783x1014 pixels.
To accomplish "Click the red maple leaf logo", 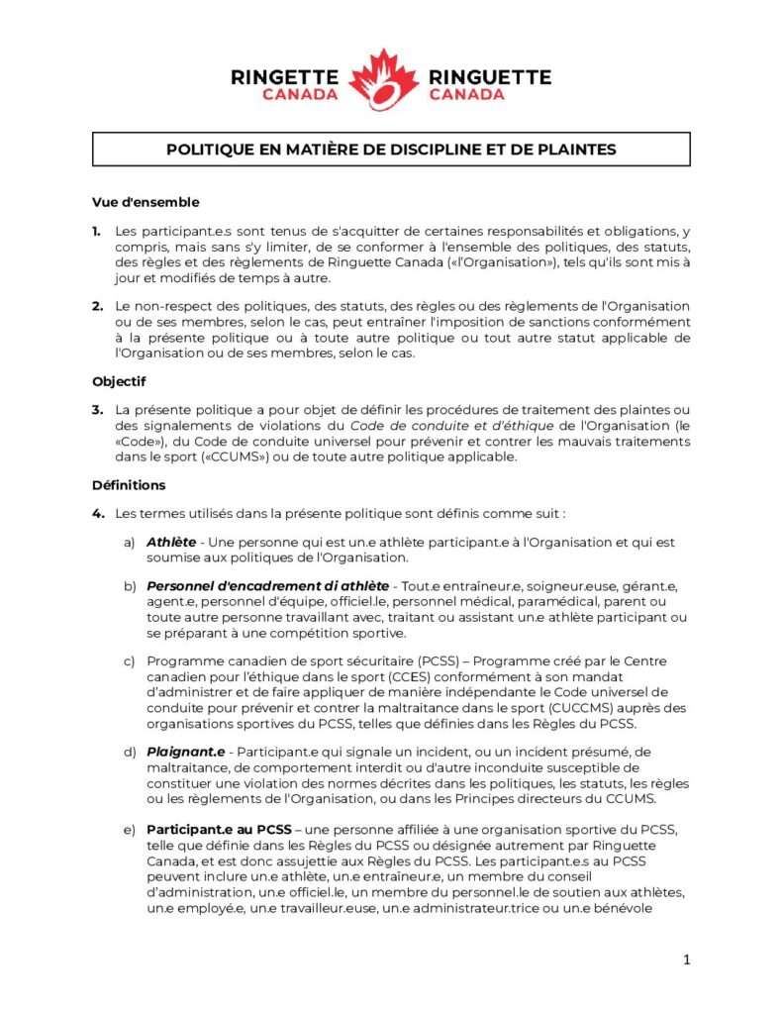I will [384, 80].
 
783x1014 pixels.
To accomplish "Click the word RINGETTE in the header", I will [284, 76].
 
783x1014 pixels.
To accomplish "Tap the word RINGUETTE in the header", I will [489, 76].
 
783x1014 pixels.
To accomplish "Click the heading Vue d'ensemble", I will [146, 203].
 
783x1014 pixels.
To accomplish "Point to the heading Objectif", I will [119, 381].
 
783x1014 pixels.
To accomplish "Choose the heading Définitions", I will [129, 485].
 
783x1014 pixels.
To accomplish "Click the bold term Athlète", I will [170, 543].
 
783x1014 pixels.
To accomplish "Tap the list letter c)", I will [129, 661].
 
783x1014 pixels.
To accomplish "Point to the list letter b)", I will [129, 587].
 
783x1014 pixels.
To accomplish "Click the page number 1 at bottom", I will [686, 960].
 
